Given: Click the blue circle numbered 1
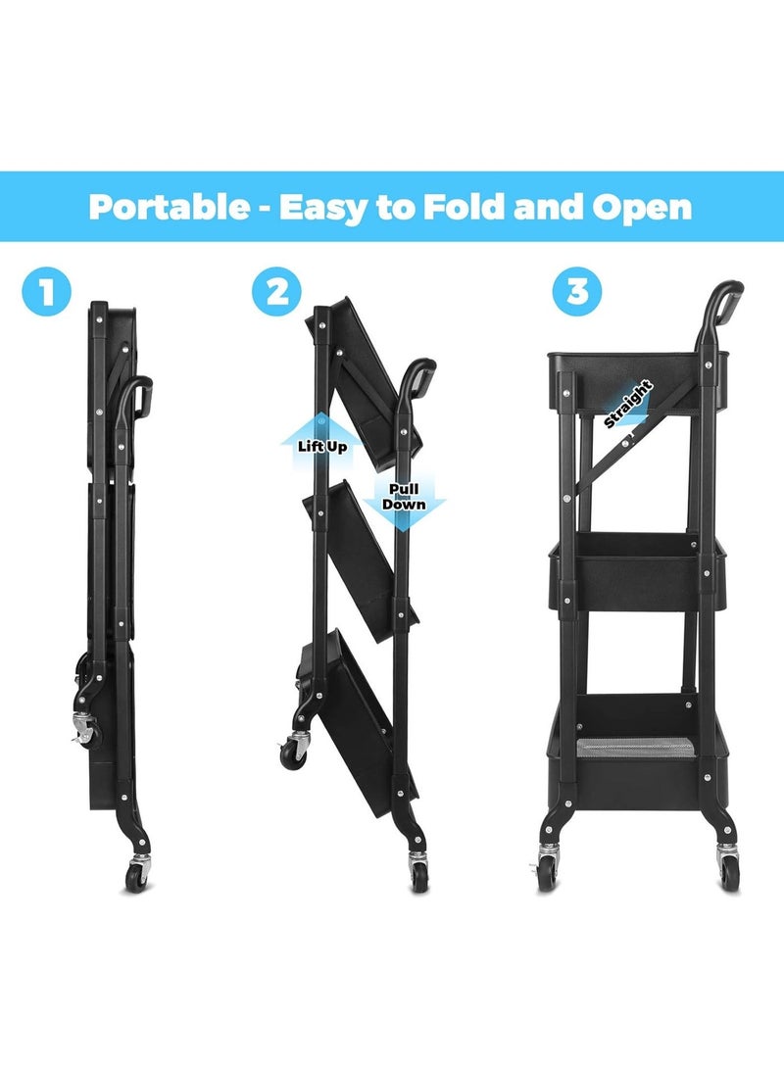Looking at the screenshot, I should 47,291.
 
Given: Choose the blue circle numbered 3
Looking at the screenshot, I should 577,291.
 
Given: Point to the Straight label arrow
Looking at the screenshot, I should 628,402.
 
